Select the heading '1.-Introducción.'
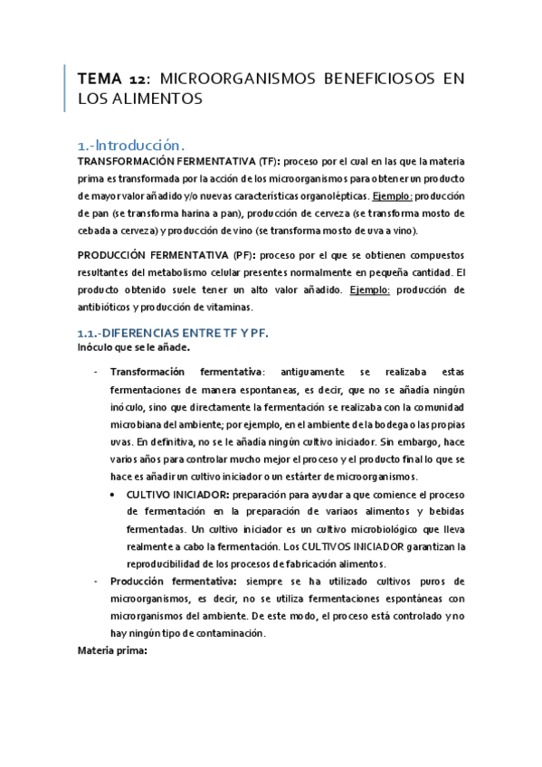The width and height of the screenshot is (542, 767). [x=131, y=145]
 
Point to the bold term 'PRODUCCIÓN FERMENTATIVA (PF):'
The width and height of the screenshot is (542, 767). [x=168, y=256]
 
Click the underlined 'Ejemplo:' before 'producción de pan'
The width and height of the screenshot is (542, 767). [x=392, y=195]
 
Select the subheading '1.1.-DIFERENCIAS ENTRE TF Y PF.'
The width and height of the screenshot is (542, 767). [x=172, y=333]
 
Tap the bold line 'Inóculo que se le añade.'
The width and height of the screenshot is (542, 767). [x=132, y=347]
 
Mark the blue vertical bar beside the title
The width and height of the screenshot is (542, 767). [x=65, y=89]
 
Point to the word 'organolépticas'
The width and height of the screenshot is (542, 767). [x=327, y=195]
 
